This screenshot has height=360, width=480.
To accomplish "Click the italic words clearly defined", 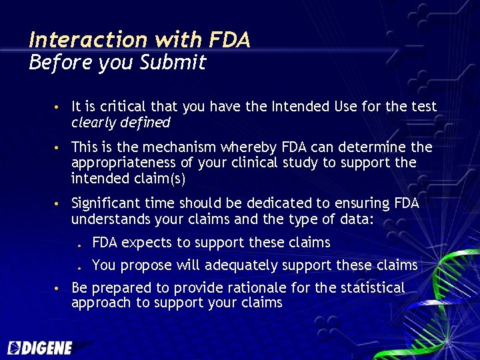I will (121, 123).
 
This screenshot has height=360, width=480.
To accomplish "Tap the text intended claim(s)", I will (127, 179).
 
